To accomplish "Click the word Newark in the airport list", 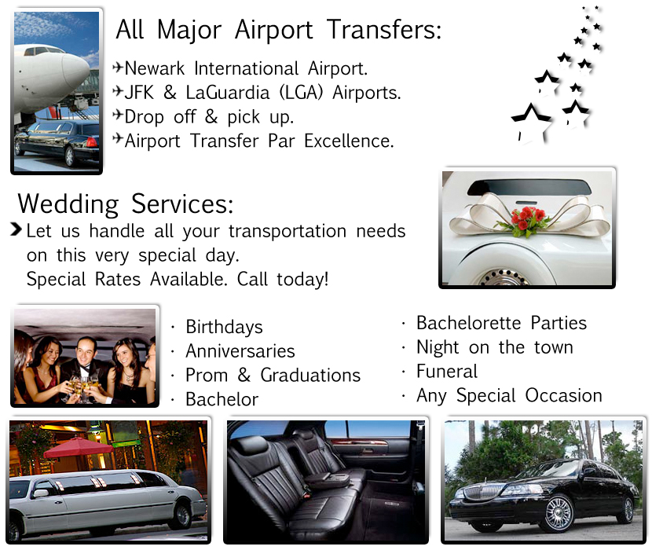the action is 154,68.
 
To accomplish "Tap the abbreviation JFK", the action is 139,93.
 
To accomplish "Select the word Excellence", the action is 349,141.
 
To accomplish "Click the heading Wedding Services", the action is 125,203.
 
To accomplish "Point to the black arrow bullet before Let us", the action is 16,229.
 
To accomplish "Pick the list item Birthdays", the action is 224,328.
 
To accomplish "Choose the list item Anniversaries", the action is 240,350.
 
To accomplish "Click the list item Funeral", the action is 447,371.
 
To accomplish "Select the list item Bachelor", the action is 222,399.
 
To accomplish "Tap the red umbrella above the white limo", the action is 79,447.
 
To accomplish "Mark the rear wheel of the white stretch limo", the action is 182,516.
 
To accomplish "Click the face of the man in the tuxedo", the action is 86,350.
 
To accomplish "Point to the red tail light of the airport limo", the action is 90,143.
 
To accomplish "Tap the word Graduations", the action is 310,375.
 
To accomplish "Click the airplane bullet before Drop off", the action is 118,115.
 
